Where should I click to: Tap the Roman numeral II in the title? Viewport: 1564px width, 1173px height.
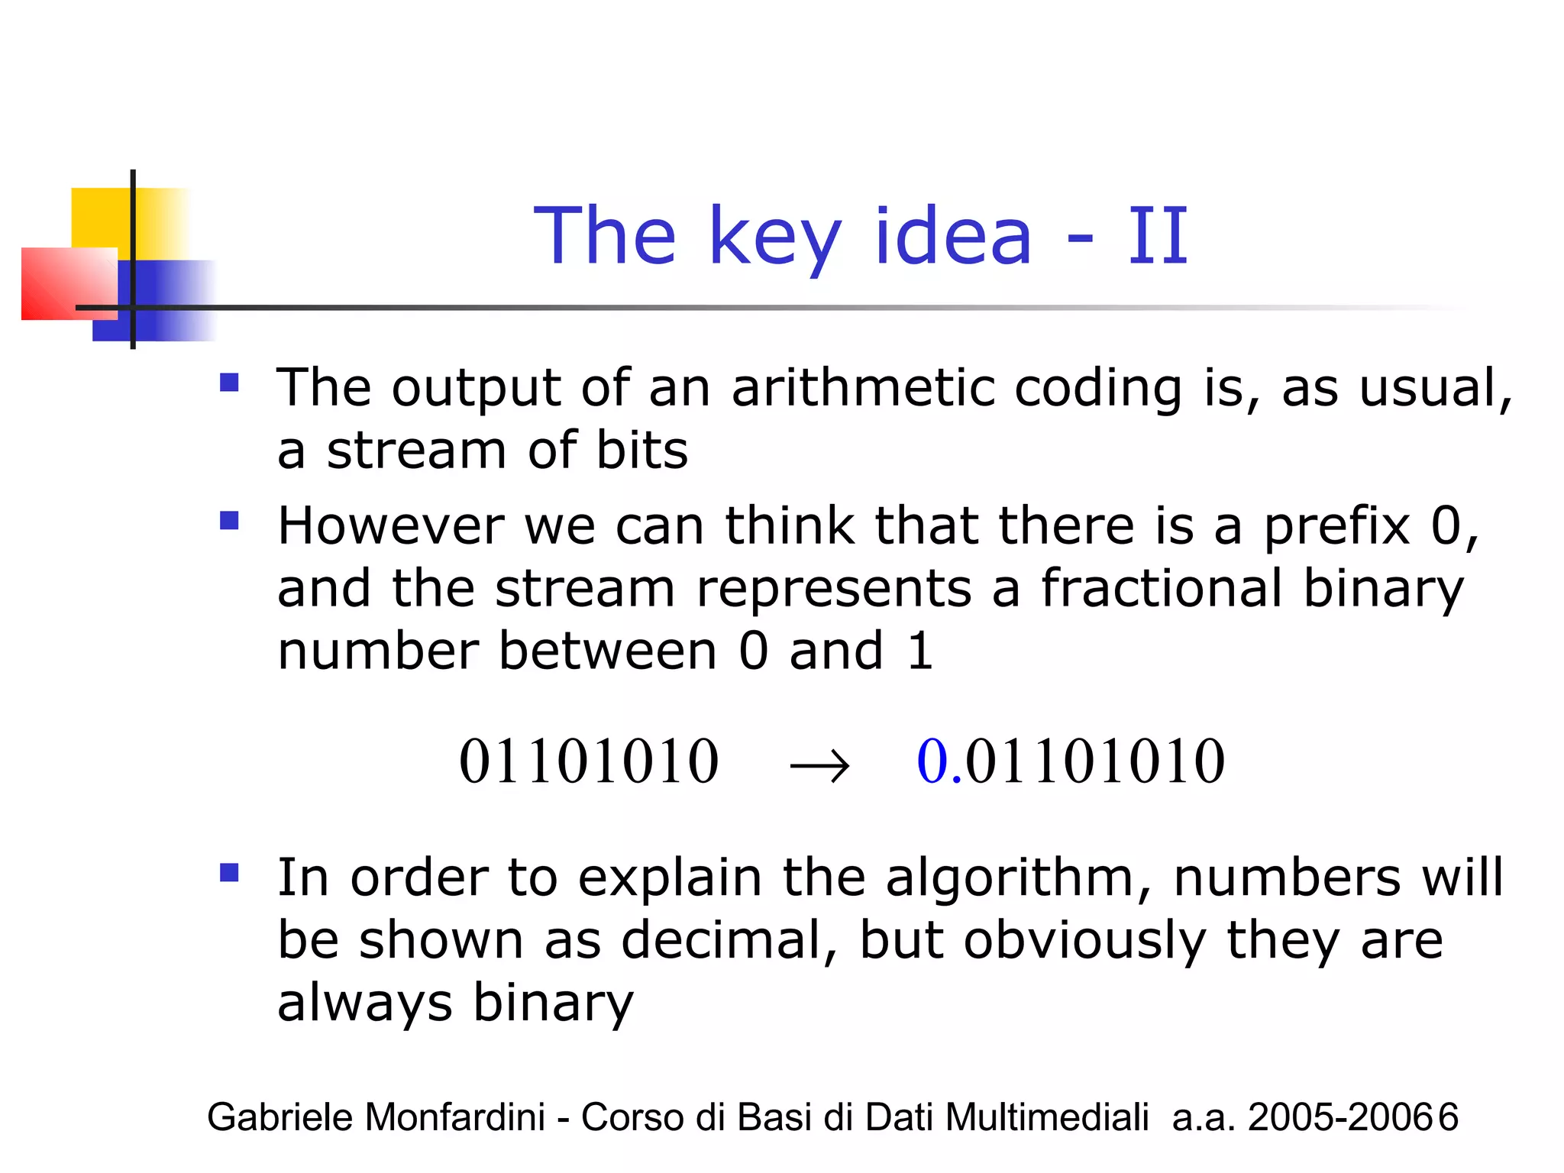tap(1158, 237)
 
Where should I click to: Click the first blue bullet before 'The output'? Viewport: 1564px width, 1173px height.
tap(229, 382)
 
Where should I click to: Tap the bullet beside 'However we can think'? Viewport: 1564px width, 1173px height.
tap(229, 521)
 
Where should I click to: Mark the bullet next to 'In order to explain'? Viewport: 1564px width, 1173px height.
tap(229, 872)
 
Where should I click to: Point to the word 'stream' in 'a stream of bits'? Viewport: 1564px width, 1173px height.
tap(416, 451)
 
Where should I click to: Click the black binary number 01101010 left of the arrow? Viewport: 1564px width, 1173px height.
tap(589, 761)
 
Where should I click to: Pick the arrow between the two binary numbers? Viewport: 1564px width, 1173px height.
tap(819, 764)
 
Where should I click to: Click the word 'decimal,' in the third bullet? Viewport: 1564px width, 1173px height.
tap(729, 940)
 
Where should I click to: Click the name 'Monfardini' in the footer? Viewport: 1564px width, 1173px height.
tap(455, 1117)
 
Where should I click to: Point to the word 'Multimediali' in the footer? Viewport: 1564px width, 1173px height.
tap(1047, 1117)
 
